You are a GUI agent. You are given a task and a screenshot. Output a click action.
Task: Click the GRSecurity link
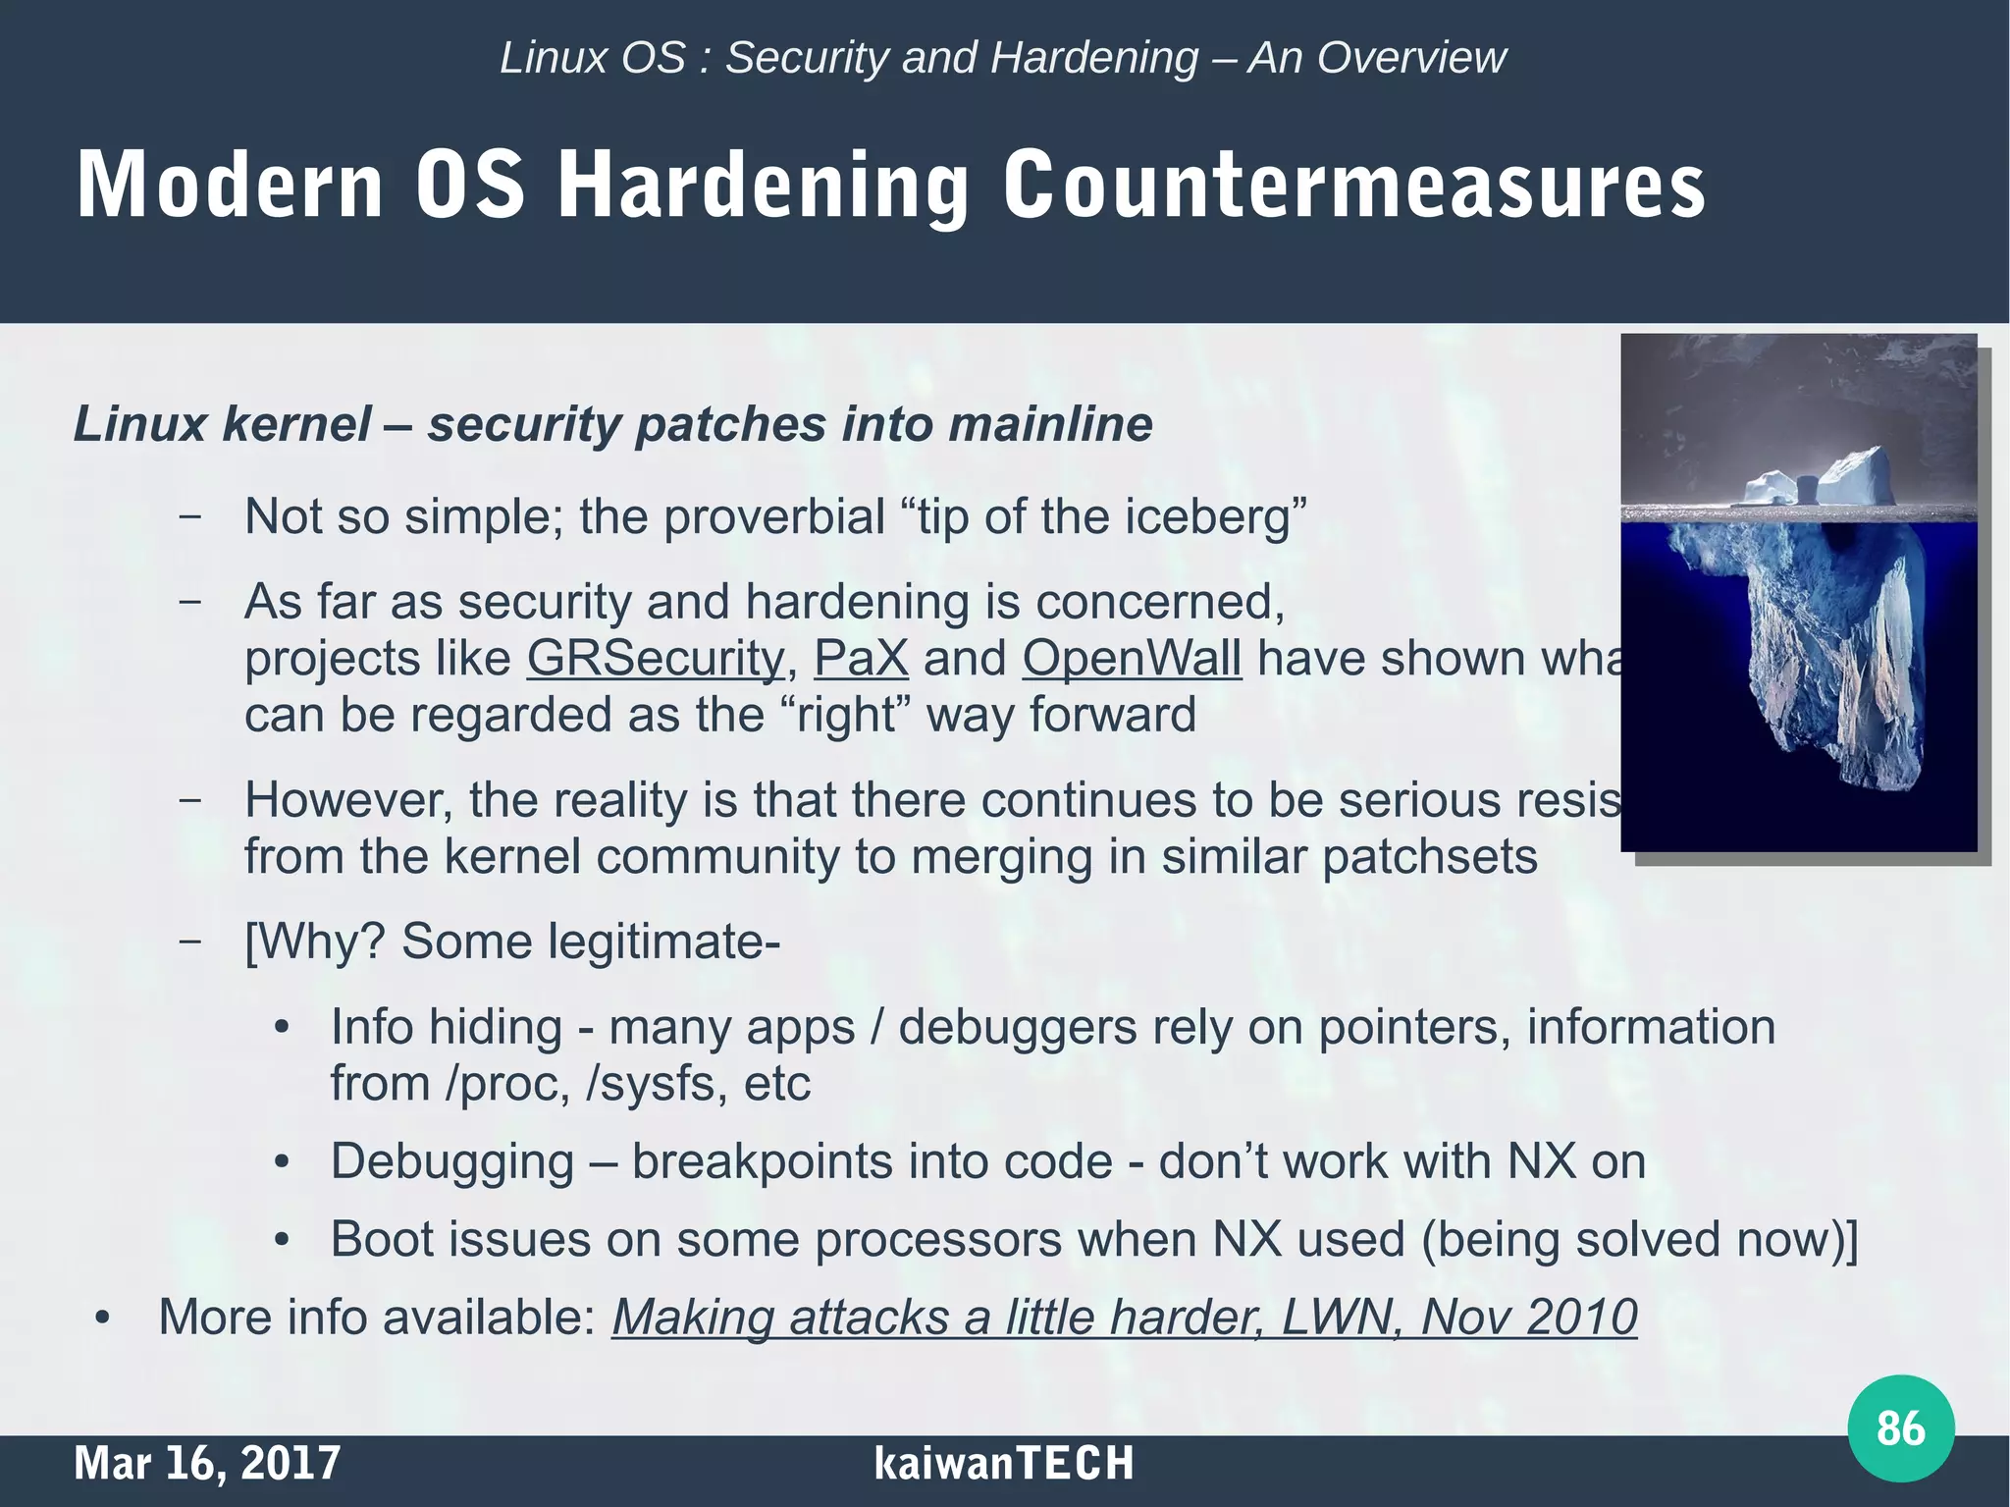coord(656,659)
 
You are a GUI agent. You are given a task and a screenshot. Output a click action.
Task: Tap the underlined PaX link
coord(861,659)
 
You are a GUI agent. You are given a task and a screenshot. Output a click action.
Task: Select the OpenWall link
coord(1132,659)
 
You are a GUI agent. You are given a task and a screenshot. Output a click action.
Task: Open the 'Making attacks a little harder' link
coord(1124,1318)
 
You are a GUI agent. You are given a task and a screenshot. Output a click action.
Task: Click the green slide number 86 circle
coord(1900,1428)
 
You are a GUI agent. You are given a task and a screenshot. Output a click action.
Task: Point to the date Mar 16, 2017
coord(207,1463)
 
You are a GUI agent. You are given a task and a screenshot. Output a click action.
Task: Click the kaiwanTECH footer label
coord(1003,1463)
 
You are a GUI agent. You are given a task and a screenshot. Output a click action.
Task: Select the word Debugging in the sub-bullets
coord(452,1162)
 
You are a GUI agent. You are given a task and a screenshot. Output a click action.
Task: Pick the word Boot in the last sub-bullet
coord(377,1239)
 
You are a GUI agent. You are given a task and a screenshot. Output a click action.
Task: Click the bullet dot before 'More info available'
coord(102,1319)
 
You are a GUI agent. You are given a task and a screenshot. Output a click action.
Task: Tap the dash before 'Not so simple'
coord(190,515)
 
